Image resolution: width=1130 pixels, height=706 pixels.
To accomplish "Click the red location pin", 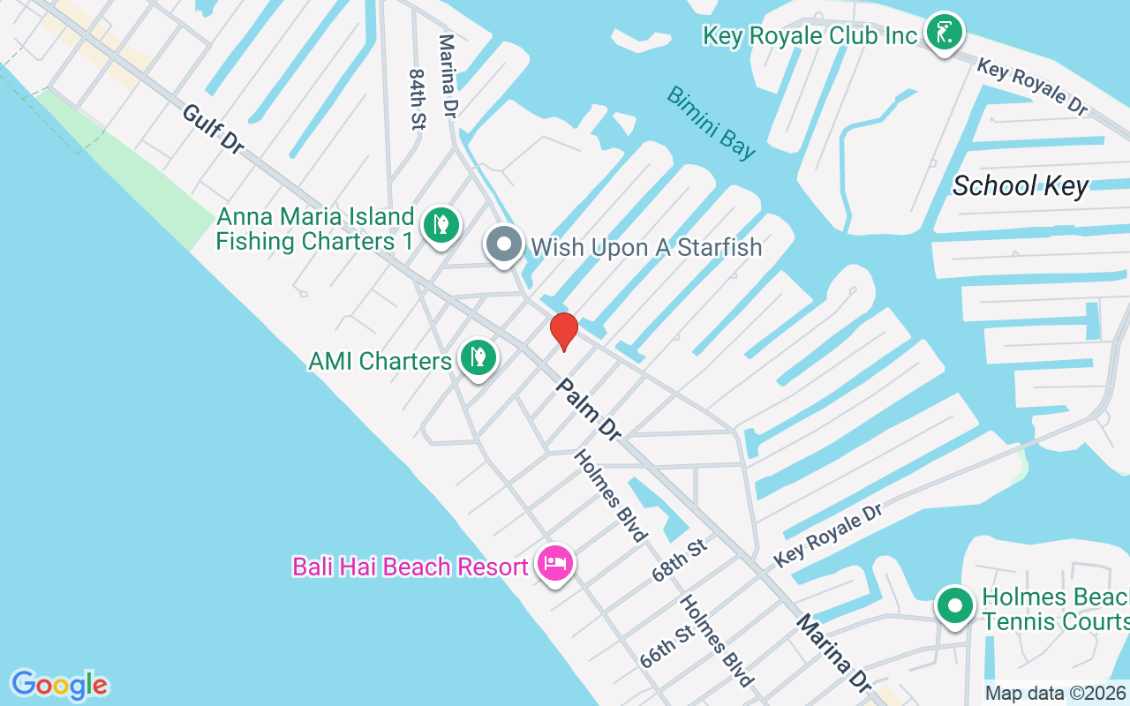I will click(563, 331).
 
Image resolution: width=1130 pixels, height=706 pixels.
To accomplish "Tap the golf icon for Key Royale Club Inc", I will click(944, 34).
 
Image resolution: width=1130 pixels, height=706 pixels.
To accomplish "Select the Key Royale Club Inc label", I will click(810, 35).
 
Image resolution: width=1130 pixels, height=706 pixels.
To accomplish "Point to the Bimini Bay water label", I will click(712, 123).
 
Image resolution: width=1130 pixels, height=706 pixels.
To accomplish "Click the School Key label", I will click(1021, 186).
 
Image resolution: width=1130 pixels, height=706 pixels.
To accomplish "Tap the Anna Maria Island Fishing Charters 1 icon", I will click(441, 224).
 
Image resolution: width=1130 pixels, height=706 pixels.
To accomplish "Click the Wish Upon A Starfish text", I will click(646, 247).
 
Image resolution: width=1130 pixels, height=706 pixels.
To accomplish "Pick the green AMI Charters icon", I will click(478, 357).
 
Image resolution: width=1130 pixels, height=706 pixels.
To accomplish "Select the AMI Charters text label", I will click(380, 361).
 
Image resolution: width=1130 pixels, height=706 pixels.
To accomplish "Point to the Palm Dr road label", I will click(589, 409).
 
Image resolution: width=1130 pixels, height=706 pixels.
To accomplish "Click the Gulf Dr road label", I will click(213, 129).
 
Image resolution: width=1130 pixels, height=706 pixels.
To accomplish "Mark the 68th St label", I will click(680, 560).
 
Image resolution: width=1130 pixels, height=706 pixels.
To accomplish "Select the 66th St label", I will click(667, 648).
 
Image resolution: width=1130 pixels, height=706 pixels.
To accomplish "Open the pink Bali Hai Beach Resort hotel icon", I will click(555, 562).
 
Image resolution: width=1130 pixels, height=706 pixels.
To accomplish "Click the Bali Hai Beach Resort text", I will click(411, 566).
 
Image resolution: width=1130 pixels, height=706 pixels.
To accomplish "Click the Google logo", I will click(59, 685).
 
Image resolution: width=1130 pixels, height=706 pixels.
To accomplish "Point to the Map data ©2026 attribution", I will click(1056, 694).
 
